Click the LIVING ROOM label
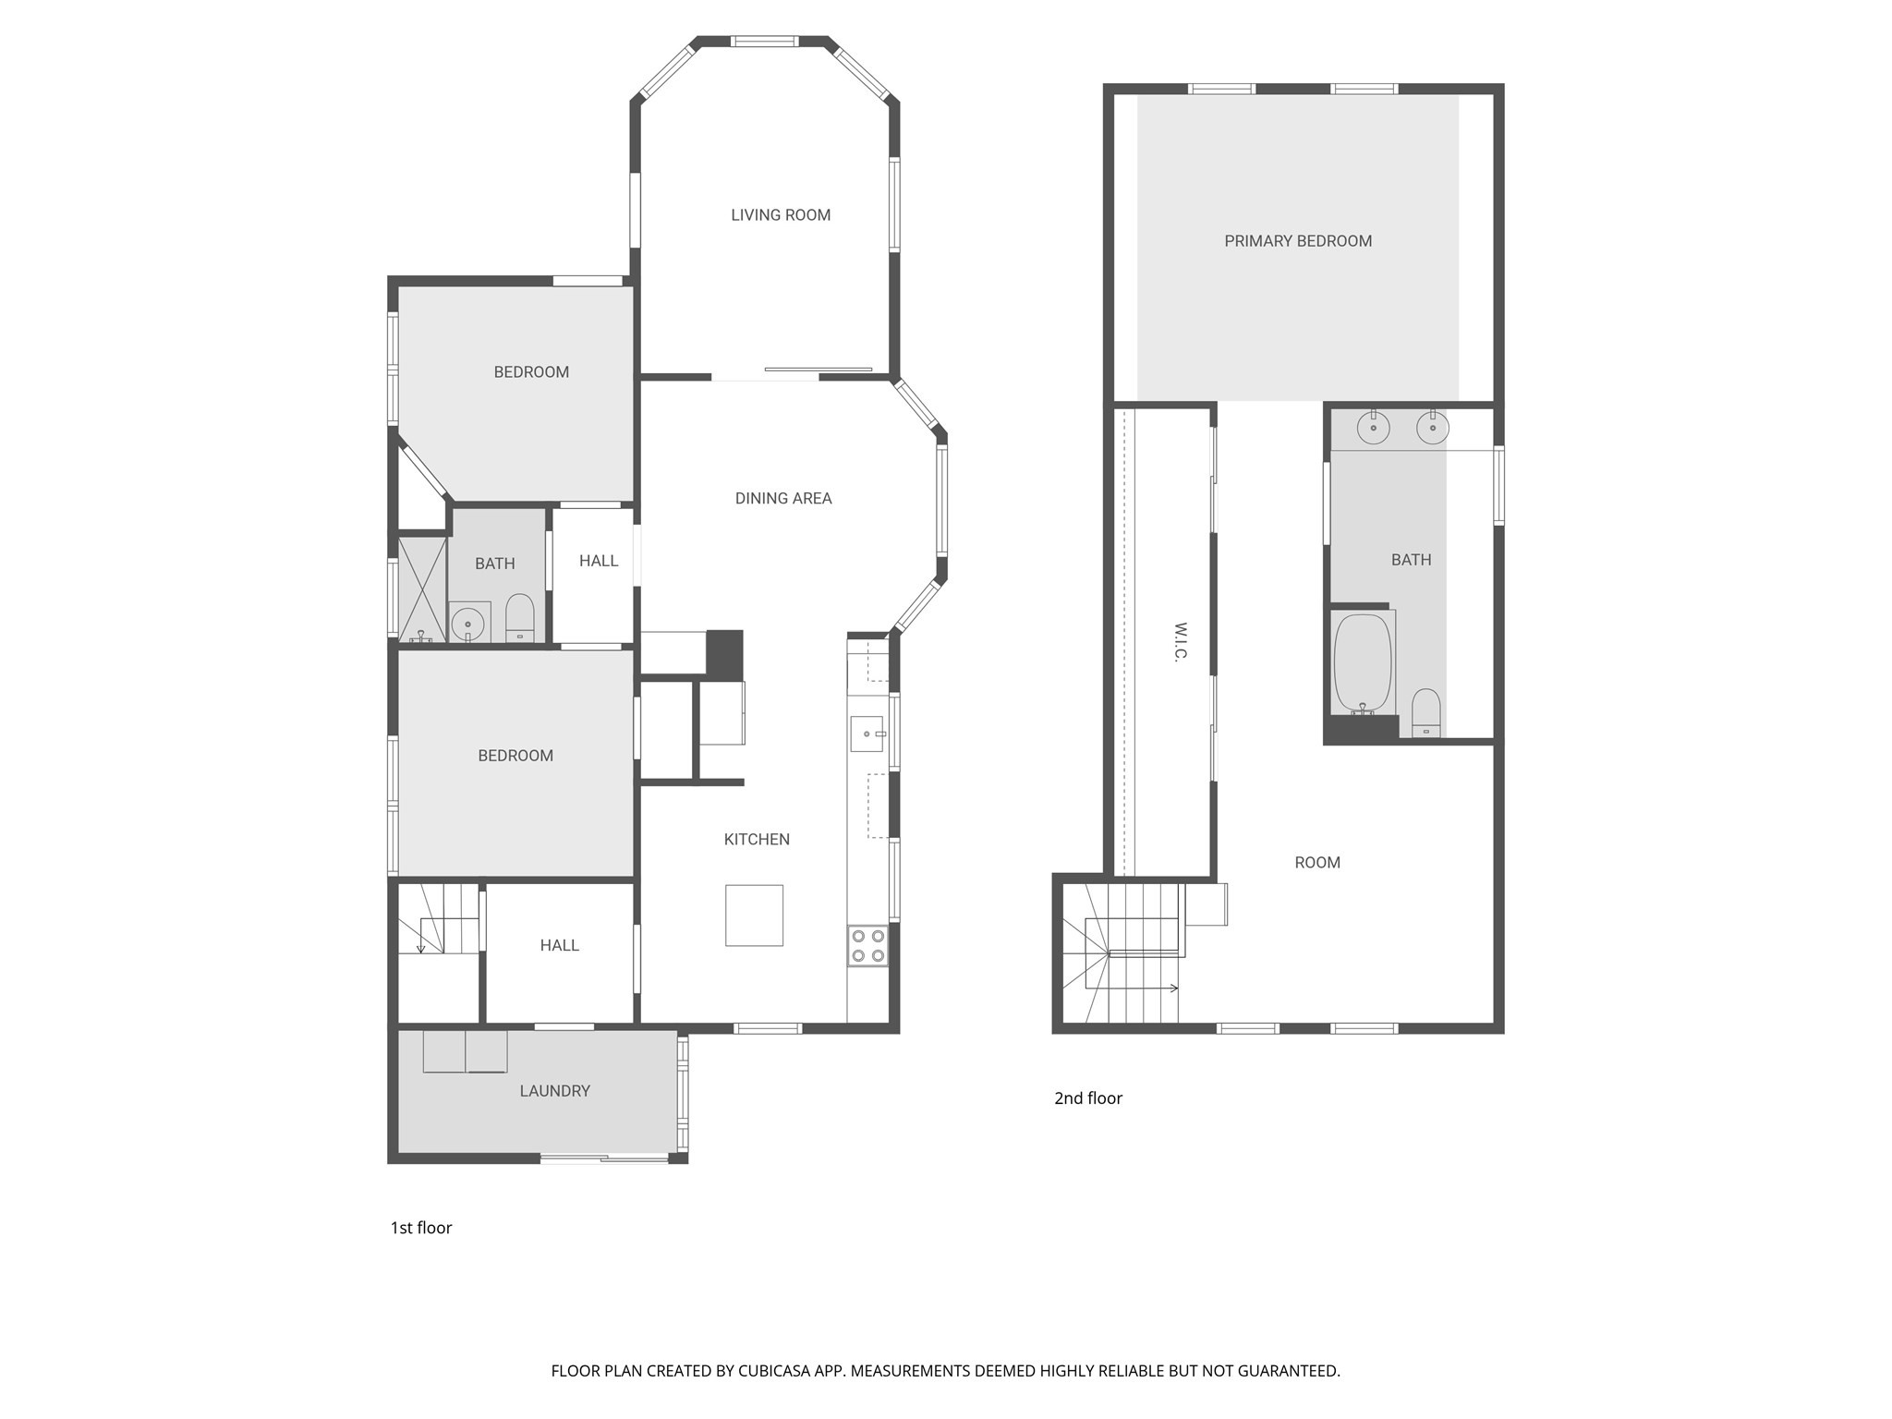[x=781, y=215]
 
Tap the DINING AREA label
[x=783, y=499]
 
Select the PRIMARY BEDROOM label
[x=1298, y=241]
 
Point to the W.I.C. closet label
[x=1180, y=641]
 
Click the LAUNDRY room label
[x=554, y=1091]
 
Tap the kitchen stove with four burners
[x=867, y=946]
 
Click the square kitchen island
[x=754, y=916]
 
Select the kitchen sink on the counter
[x=867, y=734]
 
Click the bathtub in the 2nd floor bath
[x=1363, y=663]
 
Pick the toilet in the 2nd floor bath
[x=1425, y=713]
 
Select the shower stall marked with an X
[x=422, y=588]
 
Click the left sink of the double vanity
[x=1374, y=428]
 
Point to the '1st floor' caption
[x=421, y=1228]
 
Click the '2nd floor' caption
[x=1088, y=1098]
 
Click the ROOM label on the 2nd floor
[x=1317, y=863]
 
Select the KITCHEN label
[x=757, y=840]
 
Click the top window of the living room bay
[x=764, y=42]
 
